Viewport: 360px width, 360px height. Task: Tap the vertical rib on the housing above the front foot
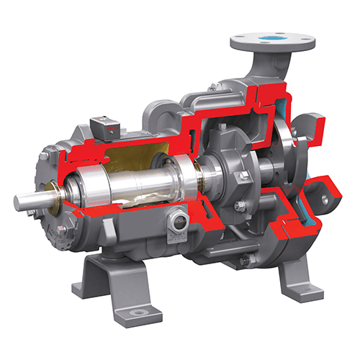[x=109, y=230]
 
